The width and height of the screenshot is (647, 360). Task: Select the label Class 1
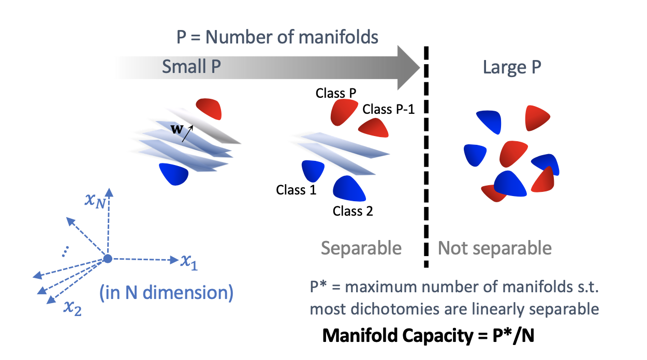coord(296,190)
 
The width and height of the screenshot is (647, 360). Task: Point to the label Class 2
coord(352,211)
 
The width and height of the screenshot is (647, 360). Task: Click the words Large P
coord(512,67)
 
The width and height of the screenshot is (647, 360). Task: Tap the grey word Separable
coord(361,248)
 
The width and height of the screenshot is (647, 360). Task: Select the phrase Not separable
coord(495,248)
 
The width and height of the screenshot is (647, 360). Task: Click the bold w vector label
coord(177,129)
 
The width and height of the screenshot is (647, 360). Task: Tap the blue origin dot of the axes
coord(107,258)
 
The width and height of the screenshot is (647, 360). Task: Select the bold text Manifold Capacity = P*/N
coord(428,336)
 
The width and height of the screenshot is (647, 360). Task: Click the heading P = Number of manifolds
coord(277,37)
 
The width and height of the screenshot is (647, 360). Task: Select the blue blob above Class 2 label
coord(349,188)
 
